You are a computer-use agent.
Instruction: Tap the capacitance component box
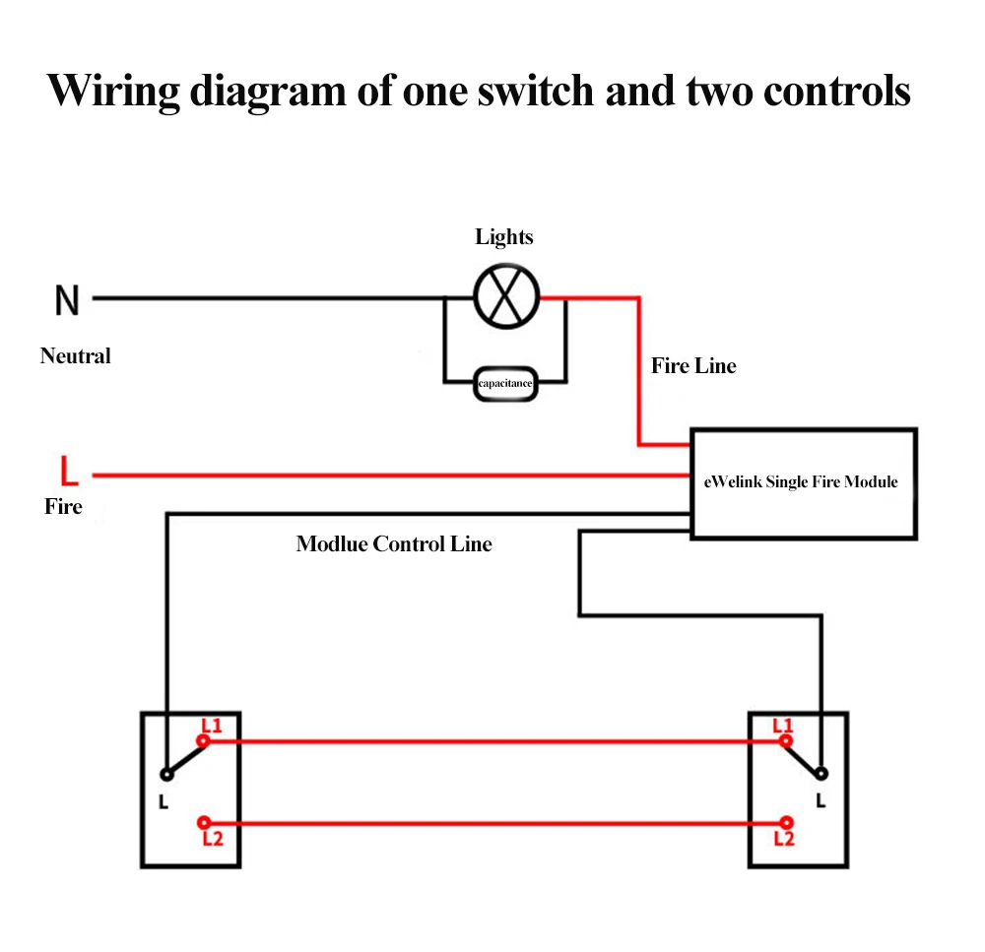pos(505,383)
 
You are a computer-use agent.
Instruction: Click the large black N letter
pos(67,300)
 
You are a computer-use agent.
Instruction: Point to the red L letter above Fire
pos(69,471)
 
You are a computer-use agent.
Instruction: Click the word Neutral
pos(76,356)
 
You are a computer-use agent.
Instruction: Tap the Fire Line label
pos(693,365)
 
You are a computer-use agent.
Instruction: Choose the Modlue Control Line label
pos(394,543)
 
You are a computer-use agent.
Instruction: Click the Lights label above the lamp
pos(503,236)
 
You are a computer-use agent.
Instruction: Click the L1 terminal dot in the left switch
pos(203,741)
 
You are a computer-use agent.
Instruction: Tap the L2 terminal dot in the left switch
pos(204,823)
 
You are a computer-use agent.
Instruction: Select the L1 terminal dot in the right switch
pos(786,741)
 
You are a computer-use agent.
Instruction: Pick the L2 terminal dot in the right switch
pos(786,823)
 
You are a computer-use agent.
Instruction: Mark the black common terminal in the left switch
pos(166,774)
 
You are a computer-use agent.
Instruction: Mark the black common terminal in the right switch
pos(821,774)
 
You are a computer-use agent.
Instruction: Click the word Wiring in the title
pos(113,92)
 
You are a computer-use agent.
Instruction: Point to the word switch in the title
pos(535,92)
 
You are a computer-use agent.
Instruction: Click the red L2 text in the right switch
pos(784,839)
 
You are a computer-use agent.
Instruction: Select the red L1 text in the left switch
pos(212,726)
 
